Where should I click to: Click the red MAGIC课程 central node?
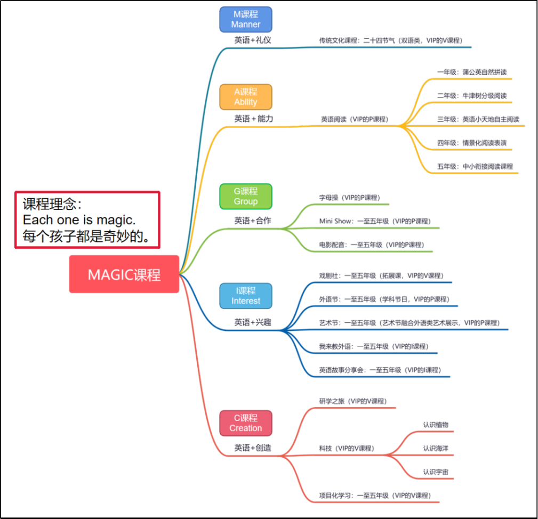[x=124, y=274]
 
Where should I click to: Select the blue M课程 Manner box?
[x=246, y=20]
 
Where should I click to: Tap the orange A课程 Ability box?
[x=246, y=97]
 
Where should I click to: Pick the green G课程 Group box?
[x=246, y=197]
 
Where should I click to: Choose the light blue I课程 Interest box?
[x=246, y=296]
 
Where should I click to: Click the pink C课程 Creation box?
[x=246, y=423]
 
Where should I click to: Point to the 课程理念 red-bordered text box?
[x=87, y=220]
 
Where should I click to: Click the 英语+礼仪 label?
[x=253, y=40]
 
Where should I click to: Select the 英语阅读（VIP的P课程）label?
[x=354, y=120]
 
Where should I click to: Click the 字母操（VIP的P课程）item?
[x=349, y=197]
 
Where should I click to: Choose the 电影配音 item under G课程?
[x=371, y=245]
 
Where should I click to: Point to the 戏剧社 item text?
[x=381, y=275]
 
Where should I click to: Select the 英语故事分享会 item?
[x=380, y=370]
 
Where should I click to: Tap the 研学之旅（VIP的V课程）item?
[x=352, y=401]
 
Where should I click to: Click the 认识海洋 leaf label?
[x=436, y=449]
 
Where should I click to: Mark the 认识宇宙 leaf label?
[x=436, y=472]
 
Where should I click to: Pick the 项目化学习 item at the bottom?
[x=375, y=495]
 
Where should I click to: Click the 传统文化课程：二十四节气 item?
[x=390, y=40]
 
